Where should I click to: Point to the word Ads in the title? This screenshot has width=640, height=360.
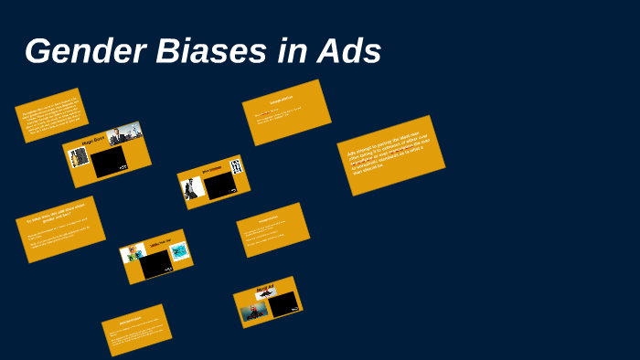pyautogui.click(x=347, y=51)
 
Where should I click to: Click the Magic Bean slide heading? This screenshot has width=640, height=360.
pyautogui.click(x=94, y=141)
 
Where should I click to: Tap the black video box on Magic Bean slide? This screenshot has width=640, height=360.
pyautogui.click(x=109, y=162)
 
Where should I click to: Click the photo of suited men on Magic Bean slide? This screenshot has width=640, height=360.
pyautogui.click(x=125, y=134)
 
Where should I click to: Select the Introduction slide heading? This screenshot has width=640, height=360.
pyautogui.click(x=281, y=98)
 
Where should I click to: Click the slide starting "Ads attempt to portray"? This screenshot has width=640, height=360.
pyautogui.click(x=390, y=154)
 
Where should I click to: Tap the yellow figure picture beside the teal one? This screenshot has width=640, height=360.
pyautogui.click(x=134, y=253)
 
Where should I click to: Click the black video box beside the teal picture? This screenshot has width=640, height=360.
pyautogui.click(x=155, y=263)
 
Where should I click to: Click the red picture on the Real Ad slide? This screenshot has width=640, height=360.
pyautogui.click(x=253, y=312)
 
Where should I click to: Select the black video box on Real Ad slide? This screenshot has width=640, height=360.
pyautogui.click(x=284, y=304)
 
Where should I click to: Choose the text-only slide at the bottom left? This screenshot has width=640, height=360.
pyautogui.click(x=136, y=329)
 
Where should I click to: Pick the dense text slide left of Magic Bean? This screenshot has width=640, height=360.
pyautogui.click(x=51, y=115)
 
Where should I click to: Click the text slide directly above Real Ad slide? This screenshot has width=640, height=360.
pyautogui.click(x=272, y=229)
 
